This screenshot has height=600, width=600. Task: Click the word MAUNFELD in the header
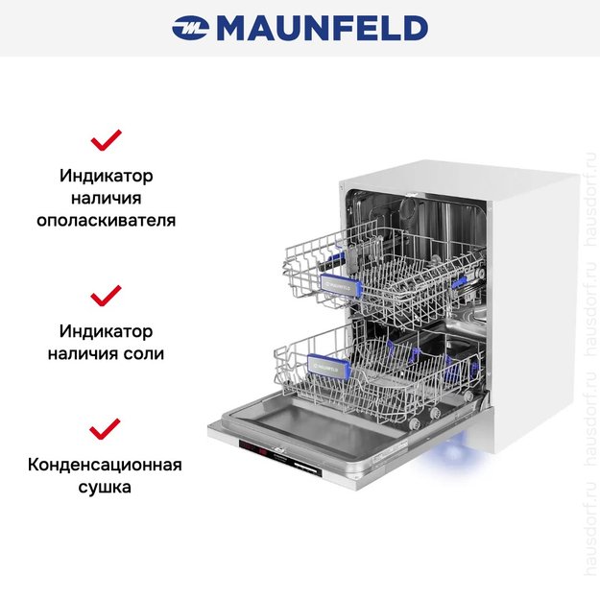point(322,29)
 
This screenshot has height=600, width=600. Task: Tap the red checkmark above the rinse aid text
point(106,140)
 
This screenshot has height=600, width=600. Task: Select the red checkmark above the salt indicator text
point(106,294)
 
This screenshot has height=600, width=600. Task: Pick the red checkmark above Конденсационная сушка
point(106,427)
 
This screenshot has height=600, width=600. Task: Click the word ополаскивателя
point(106,220)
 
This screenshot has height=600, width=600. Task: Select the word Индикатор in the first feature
point(106,177)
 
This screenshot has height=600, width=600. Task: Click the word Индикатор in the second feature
point(106,331)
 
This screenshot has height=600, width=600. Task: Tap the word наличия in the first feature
point(106,199)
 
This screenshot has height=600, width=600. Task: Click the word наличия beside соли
point(84,353)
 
